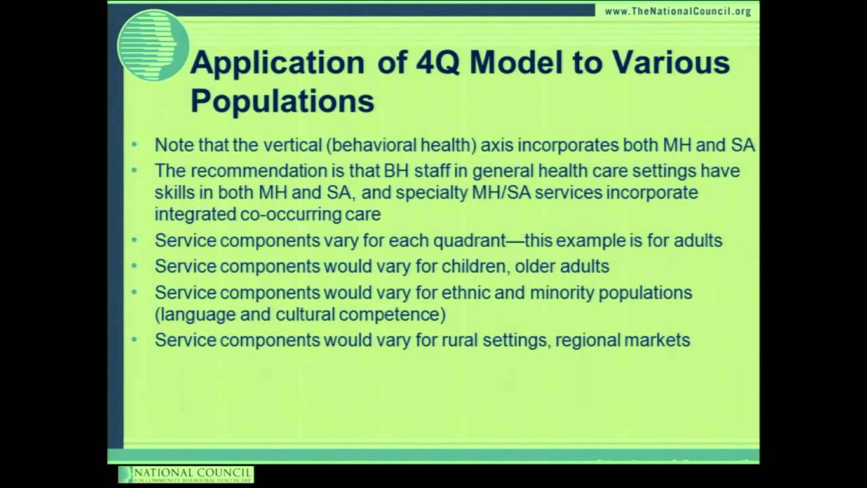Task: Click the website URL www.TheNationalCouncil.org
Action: click(677, 12)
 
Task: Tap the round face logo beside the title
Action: click(152, 45)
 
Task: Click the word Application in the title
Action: click(277, 63)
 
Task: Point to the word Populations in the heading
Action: click(282, 100)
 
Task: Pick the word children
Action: click(473, 266)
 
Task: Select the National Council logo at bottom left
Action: click(186, 474)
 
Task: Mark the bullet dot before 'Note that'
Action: click(134, 145)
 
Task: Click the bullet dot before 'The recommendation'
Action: click(134, 170)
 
